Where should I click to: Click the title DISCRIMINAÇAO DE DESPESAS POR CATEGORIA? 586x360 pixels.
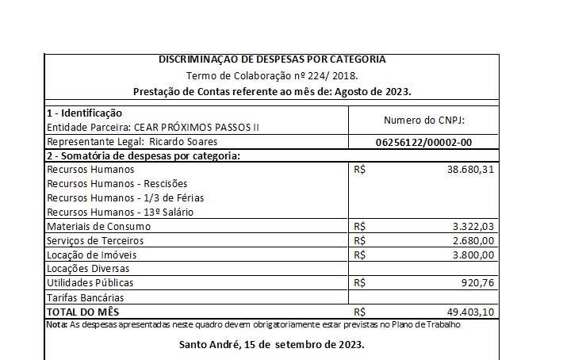(272, 59)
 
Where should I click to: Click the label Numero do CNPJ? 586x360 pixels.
(423, 120)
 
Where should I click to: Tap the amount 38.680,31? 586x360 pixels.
(471, 170)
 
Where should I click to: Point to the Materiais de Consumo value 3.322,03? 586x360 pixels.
(473, 226)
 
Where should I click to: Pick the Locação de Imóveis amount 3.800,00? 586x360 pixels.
(473, 255)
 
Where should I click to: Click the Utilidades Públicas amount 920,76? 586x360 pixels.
(480, 282)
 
